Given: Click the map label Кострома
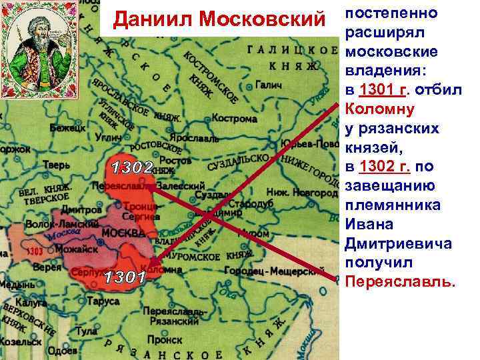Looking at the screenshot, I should click(x=234, y=118).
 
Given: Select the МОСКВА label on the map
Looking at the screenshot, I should click(x=123, y=234).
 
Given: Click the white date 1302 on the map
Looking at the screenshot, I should click(x=133, y=167).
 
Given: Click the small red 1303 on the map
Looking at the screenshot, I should click(x=36, y=251).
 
